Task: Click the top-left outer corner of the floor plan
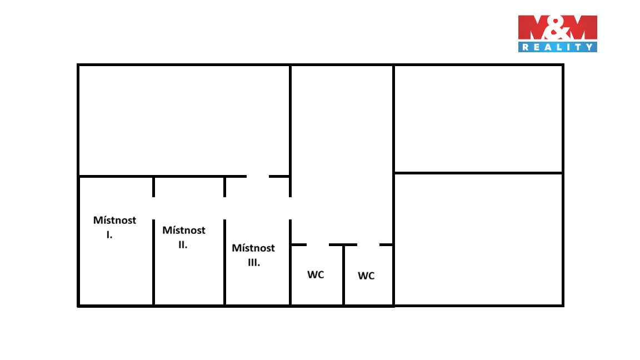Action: (x=78, y=64)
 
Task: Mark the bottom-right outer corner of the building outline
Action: (x=563, y=306)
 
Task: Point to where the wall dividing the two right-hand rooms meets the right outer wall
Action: (x=563, y=173)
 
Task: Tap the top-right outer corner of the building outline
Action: (x=563, y=64)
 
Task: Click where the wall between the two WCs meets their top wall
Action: (x=344, y=245)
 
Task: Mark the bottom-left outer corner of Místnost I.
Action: (x=78, y=306)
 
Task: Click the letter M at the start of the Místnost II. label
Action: (x=166, y=230)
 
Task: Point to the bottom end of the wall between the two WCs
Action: (x=344, y=306)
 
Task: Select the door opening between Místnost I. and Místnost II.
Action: (x=153, y=208)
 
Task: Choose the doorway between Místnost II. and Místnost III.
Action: (x=224, y=208)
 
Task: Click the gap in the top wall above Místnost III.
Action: (x=258, y=176)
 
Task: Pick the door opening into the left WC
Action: (x=318, y=245)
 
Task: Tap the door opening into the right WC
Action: (x=368, y=245)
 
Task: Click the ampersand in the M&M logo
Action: (x=558, y=28)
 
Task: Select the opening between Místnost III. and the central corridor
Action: (x=290, y=208)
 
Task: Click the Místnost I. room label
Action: (x=114, y=227)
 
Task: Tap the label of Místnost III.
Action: (x=253, y=254)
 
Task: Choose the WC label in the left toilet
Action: (x=316, y=274)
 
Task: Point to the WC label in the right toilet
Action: (x=366, y=276)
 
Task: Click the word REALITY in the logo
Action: (x=558, y=47)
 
